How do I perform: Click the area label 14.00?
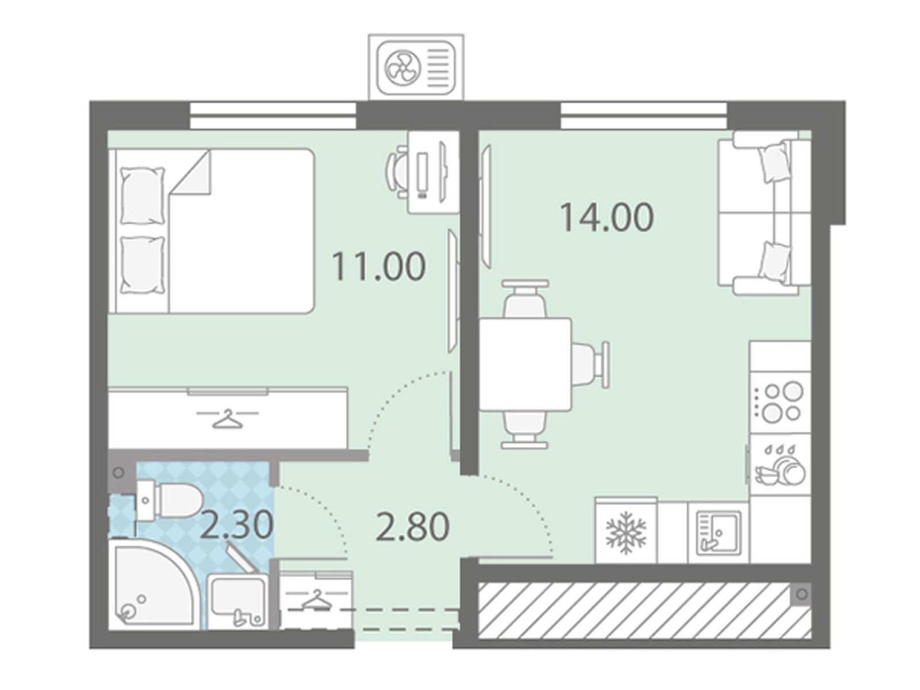click(x=607, y=217)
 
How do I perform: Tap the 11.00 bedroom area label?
click(x=378, y=266)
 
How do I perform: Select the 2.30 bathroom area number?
click(x=237, y=525)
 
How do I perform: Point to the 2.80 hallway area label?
click(x=412, y=527)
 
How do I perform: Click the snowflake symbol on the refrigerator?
click(x=626, y=532)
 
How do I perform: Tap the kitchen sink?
click(x=718, y=532)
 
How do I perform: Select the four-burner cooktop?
click(x=780, y=402)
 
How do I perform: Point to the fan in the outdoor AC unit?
click(x=401, y=69)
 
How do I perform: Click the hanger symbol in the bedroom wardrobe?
click(x=228, y=417)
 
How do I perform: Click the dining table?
click(x=525, y=364)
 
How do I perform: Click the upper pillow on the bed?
click(x=142, y=195)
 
